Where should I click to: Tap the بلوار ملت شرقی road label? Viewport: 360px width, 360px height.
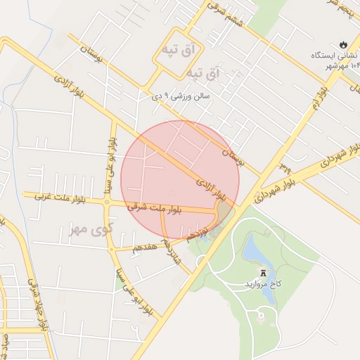pos(156,209)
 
